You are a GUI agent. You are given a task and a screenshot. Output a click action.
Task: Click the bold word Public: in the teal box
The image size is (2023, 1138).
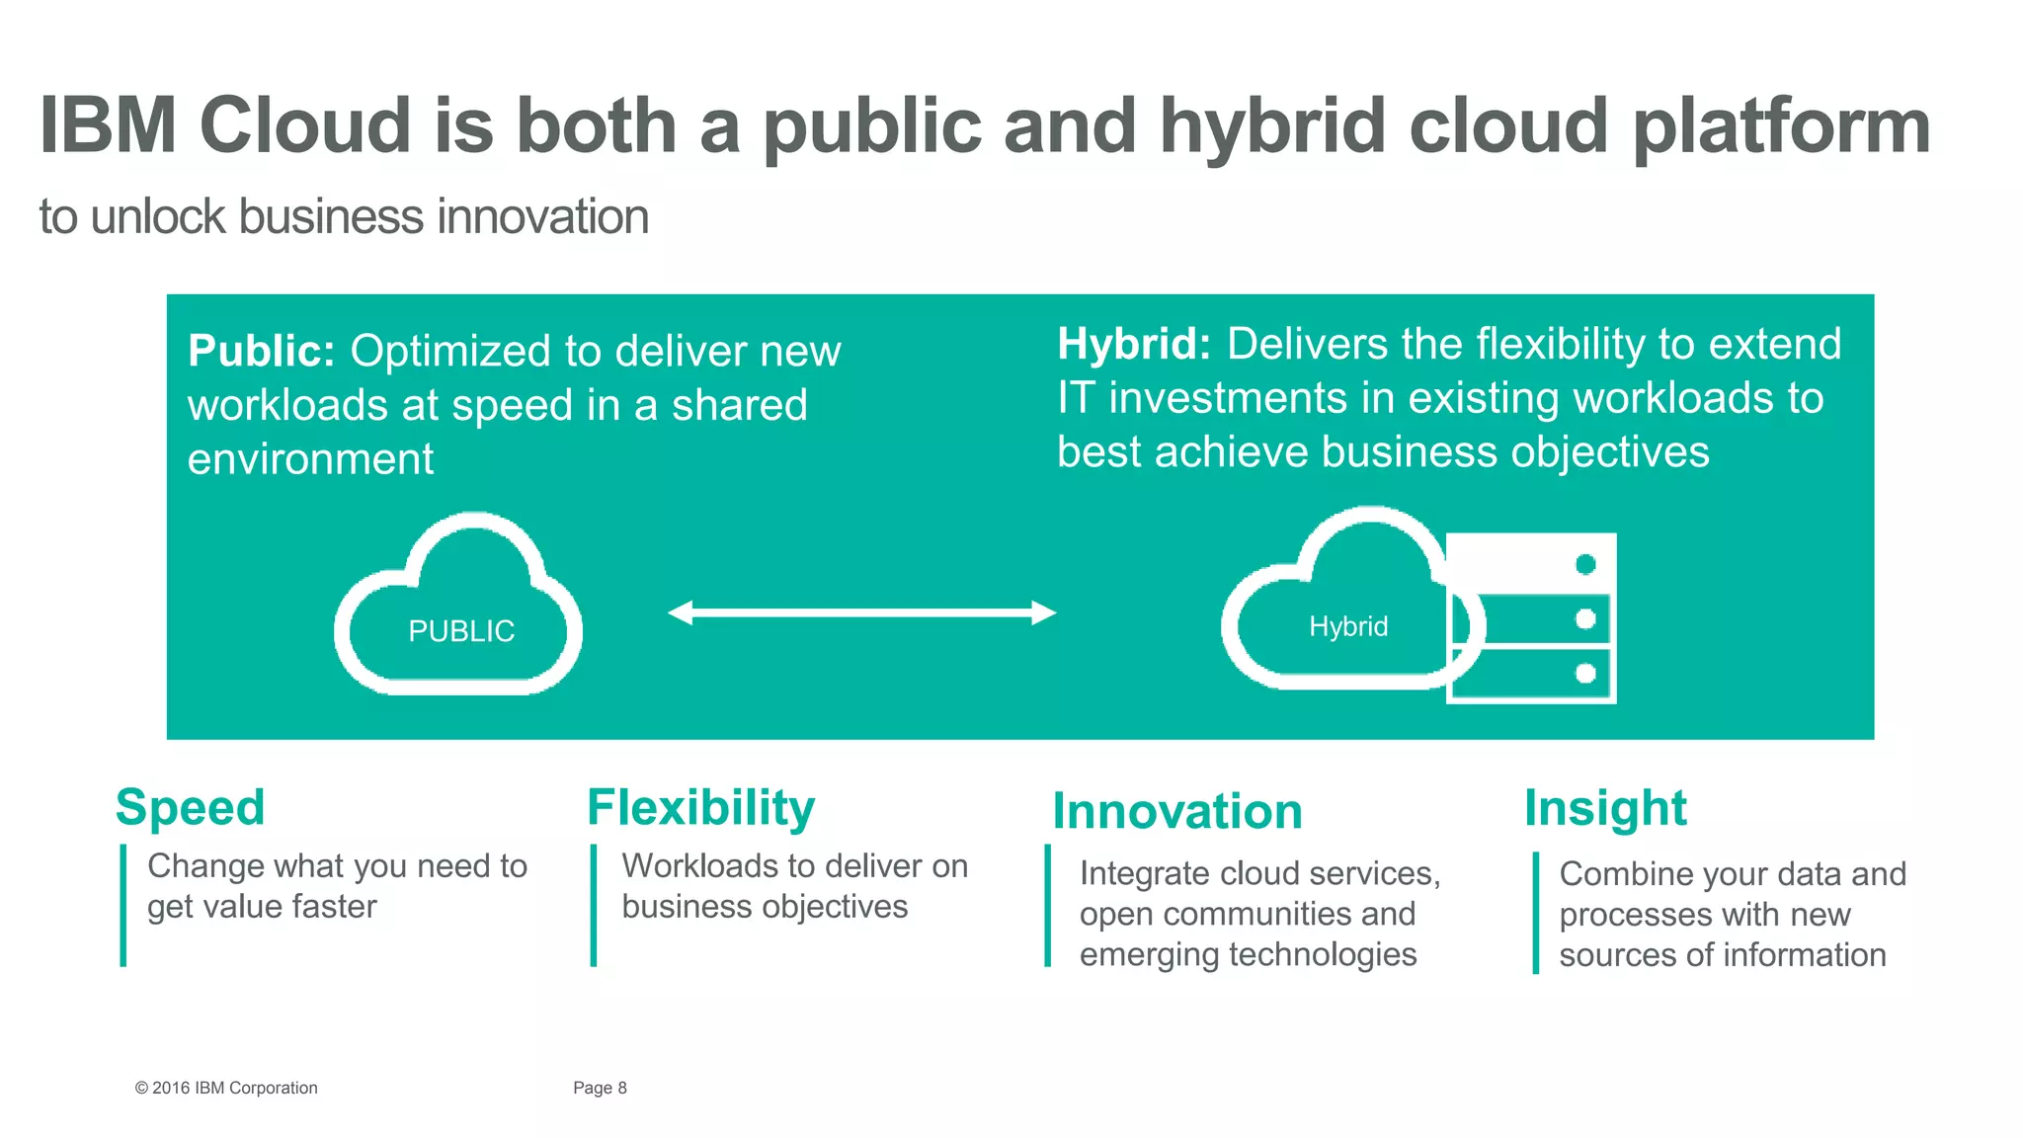(262, 352)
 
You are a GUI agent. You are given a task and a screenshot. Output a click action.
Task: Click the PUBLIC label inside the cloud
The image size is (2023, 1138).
(461, 631)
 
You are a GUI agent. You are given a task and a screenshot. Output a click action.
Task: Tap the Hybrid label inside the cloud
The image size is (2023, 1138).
(1348, 626)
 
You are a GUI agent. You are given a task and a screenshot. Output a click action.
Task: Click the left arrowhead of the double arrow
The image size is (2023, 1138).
(681, 613)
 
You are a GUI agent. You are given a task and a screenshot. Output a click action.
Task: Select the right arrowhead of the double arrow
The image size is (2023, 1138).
(1044, 613)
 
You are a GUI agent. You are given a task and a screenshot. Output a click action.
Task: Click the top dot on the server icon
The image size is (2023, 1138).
(1585, 564)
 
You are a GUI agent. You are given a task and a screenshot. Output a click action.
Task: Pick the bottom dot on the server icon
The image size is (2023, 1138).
(1585, 674)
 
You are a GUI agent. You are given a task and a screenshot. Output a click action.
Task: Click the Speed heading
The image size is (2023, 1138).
(191, 808)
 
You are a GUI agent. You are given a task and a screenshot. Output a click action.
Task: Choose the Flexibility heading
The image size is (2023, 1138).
(700, 808)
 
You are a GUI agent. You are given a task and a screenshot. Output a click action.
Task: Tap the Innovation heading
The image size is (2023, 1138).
(1177, 812)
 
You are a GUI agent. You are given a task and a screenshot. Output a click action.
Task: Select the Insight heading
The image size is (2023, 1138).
(1605, 808)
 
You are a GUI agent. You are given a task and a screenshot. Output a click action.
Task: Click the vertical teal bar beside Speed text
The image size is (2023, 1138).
(123, 905)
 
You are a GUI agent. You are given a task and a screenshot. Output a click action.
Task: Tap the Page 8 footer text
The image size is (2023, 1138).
(600, 1088)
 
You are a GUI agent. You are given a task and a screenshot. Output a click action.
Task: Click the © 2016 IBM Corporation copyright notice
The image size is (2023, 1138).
(226, 1088)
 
